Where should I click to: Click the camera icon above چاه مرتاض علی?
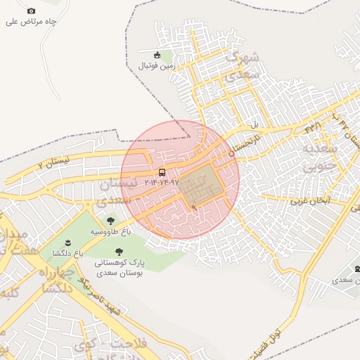coord(31,11)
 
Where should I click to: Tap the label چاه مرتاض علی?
coord(31,22)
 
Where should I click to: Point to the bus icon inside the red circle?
coord(162,172)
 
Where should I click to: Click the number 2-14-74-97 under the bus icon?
coord(162,183)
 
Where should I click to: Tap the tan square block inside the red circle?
coord(200,184)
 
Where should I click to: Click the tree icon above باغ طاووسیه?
coord(111,221)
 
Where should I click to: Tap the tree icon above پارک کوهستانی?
coord(119,251)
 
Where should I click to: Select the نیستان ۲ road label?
coord(56,162)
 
